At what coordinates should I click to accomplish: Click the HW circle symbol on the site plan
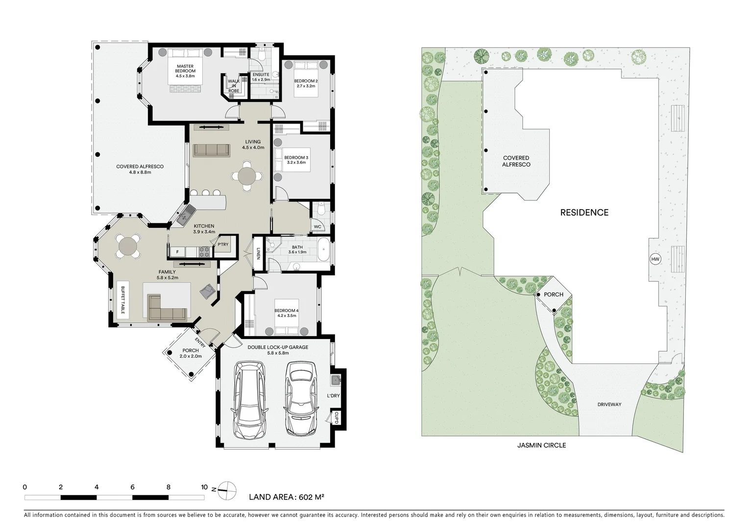654,259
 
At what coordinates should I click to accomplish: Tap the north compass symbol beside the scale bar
227,488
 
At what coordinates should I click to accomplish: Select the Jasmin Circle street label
541,445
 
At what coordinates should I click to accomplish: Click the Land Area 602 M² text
287,497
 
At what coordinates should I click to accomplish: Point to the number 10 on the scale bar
204,487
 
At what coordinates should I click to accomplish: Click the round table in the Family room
128,244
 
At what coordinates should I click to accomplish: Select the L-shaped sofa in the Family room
167,308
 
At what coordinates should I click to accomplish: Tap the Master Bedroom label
185,71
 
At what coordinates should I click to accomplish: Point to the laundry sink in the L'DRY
336,380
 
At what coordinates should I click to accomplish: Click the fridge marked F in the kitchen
177,252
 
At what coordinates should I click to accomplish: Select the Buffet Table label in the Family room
123,300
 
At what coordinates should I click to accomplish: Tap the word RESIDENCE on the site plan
584,213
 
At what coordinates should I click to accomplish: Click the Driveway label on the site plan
609,405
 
